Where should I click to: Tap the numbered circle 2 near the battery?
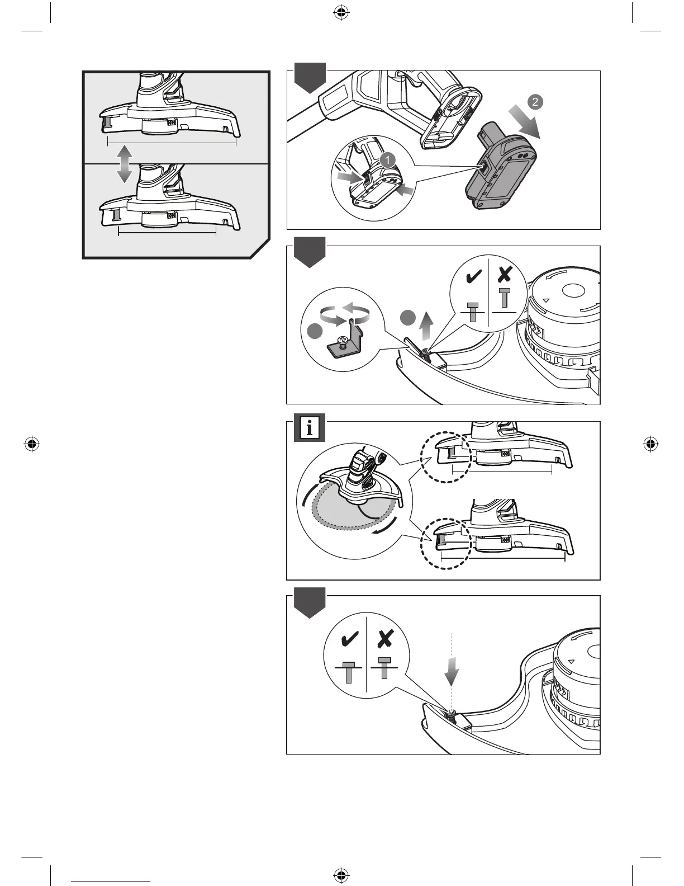coord(535,102)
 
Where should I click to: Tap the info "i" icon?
coord(310,429)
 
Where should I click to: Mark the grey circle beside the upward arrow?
coord(408,319)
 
